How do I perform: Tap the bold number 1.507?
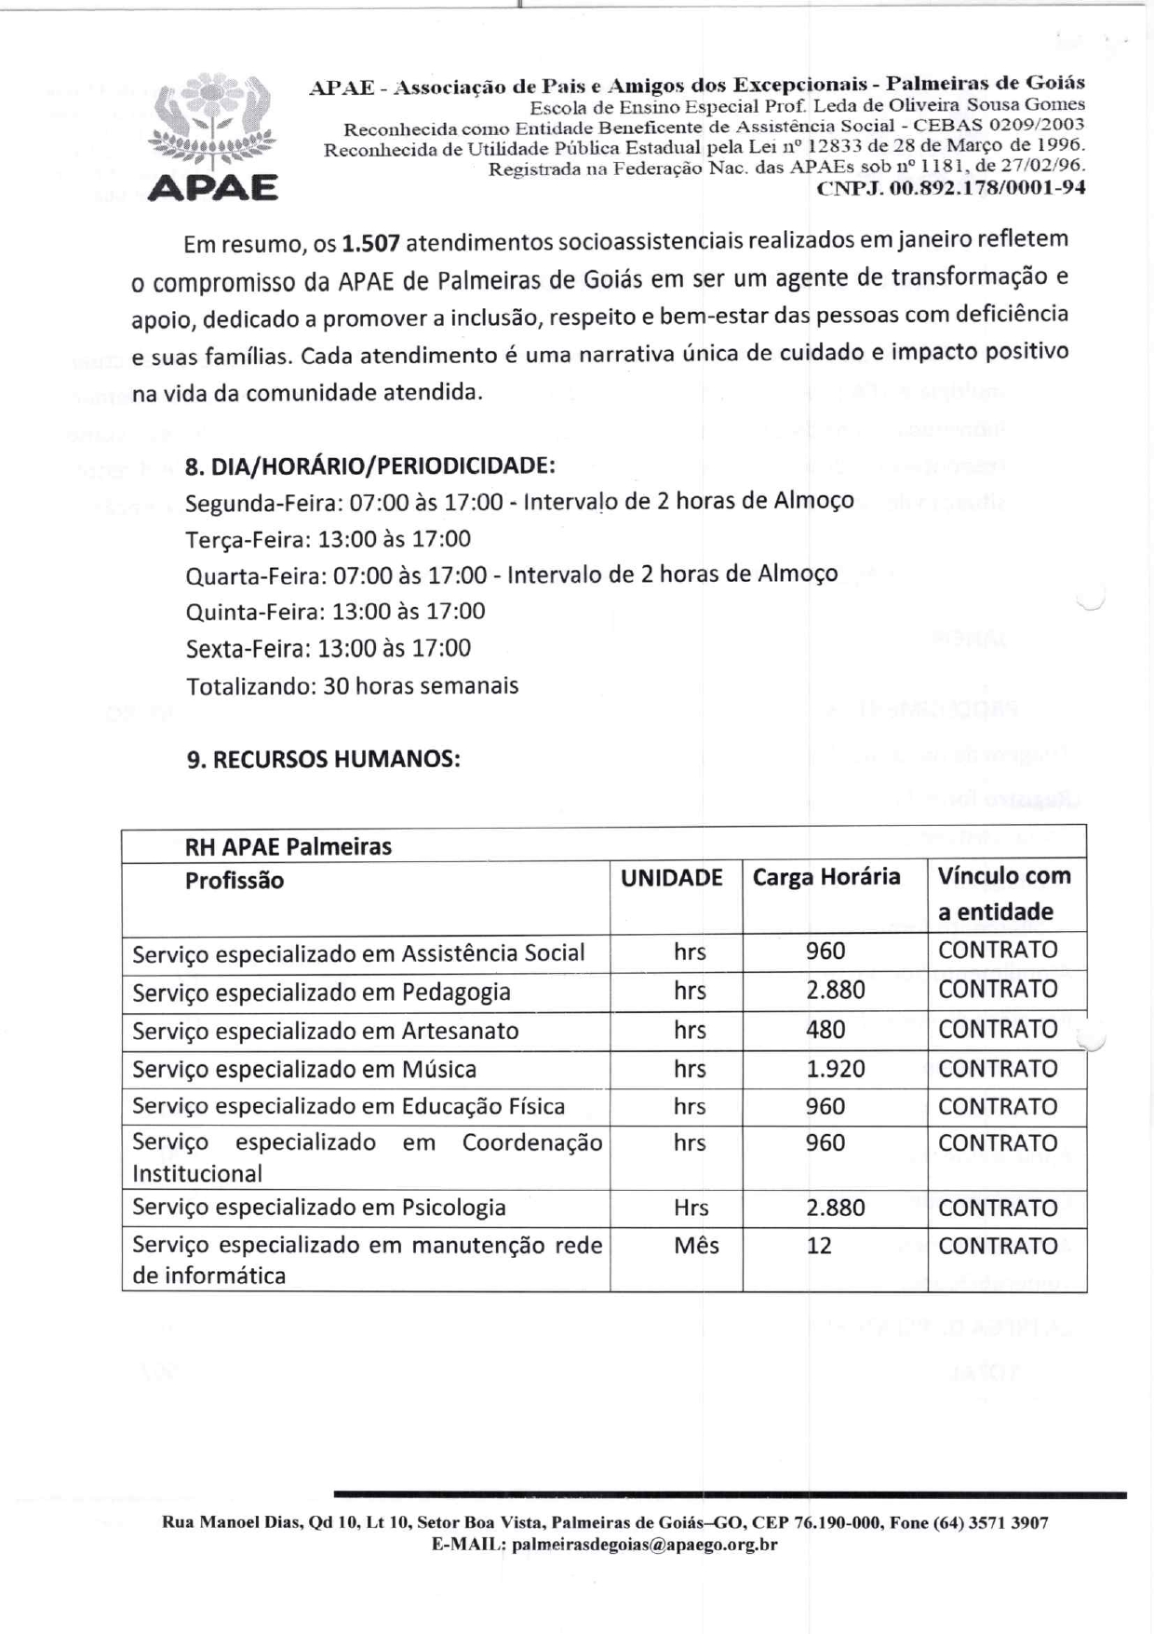coord(370,244)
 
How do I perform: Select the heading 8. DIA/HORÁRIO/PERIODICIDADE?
coord(370,466)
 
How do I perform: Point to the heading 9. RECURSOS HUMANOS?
coord(323,759)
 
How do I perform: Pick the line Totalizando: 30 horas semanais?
coord(352,686)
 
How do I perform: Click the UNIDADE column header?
coord(672,878)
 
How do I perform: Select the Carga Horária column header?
coord(826,877)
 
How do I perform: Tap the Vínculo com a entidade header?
coord(1004,894)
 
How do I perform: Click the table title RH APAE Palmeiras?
coord(288,846)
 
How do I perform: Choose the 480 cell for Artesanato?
coord(825,1030)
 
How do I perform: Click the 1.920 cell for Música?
coord(835,1069)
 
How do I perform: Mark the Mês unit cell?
coord(696,1246)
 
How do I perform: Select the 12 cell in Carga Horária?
coord(819,1246)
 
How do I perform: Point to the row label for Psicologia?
coord(319,1208)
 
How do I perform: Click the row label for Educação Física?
coord(348,1106)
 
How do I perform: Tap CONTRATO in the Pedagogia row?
coord(998,990)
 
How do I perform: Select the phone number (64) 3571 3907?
coord(991,1523)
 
